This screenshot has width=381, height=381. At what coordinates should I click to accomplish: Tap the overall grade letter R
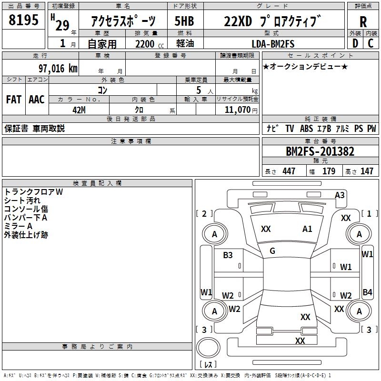coord(363,22)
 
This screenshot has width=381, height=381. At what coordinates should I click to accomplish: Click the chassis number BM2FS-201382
coord(320,151)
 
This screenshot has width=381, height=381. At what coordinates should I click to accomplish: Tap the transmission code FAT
coord(13,99)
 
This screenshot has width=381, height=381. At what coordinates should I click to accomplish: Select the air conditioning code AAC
coord(36,99)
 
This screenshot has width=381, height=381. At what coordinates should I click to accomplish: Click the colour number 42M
coord(79,109)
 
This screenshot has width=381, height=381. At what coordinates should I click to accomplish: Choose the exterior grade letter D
coord(355,43)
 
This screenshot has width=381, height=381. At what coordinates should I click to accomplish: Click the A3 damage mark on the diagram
coord(340,195)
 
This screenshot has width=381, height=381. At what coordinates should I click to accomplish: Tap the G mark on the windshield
coord(272,251)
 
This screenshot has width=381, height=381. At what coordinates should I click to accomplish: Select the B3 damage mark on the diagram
coord(228,255)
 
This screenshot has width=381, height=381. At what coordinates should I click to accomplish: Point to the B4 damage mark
coord(367,292)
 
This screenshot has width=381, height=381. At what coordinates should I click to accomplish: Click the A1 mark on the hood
coord(307,229)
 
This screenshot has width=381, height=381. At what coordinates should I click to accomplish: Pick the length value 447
coord(289,171)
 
